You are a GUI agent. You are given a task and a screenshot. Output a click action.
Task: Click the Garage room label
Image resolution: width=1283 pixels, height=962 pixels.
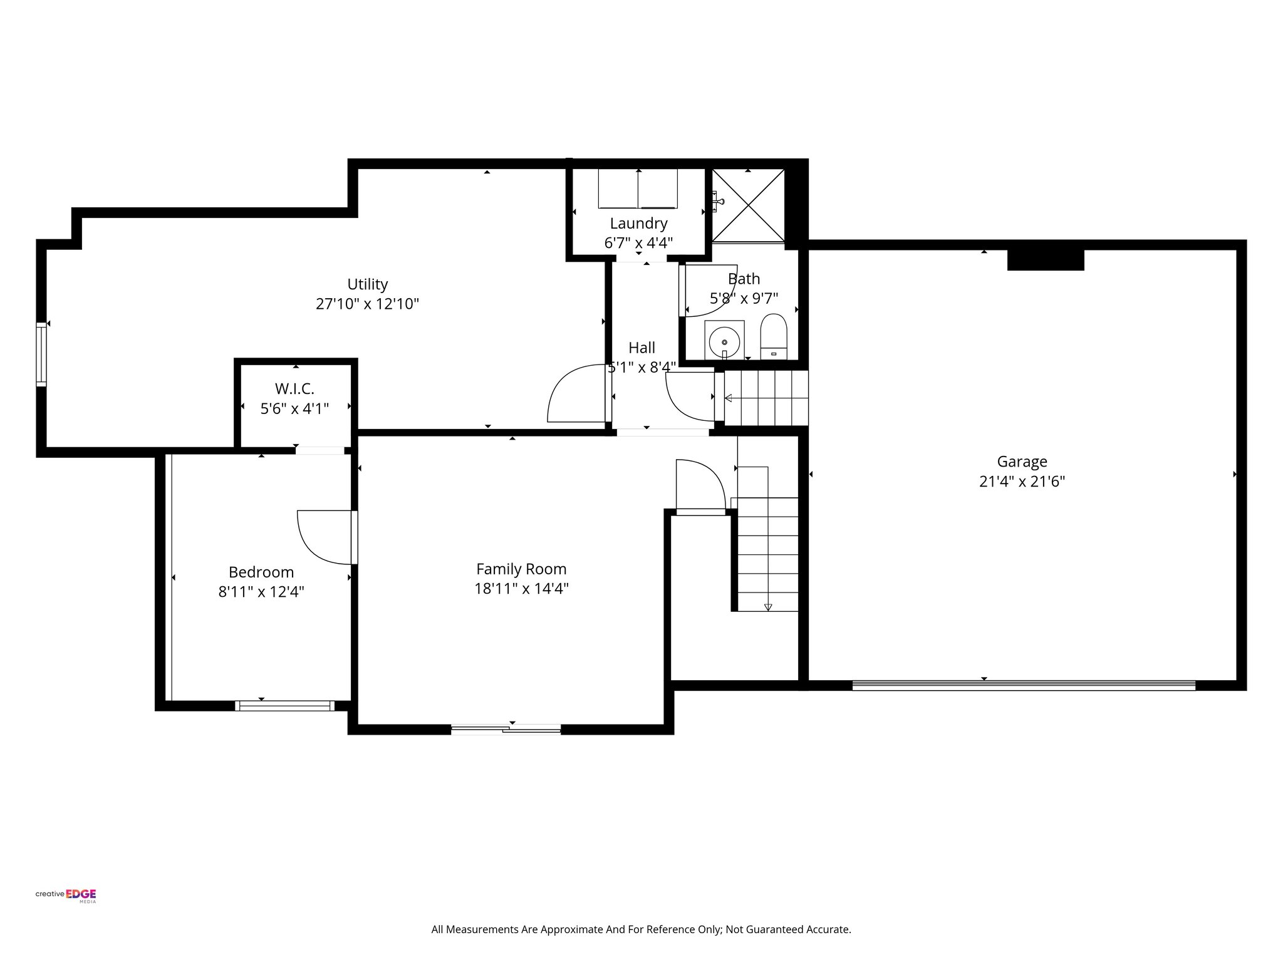tap(1022, 462)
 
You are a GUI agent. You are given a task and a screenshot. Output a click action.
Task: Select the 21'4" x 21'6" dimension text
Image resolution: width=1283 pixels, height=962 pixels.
tap(1022, 482)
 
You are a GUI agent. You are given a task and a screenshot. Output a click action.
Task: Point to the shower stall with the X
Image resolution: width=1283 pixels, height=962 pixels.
tap(748, 205)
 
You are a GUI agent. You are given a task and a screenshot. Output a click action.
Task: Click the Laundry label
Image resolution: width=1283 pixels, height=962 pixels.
tap(638, 224)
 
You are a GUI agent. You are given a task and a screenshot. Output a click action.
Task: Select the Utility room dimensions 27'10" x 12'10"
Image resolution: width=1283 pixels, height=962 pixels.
tap(367, 304)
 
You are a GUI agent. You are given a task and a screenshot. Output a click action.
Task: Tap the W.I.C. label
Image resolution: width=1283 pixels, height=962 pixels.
tap(294, 389)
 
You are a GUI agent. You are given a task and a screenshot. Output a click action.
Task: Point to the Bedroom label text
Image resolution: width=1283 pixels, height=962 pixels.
tap(261, 572)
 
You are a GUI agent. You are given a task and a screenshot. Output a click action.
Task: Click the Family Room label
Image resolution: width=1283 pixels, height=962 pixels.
tap(521, 569)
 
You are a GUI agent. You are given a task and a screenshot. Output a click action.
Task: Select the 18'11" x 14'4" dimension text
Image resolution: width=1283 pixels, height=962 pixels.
tap(521, 589)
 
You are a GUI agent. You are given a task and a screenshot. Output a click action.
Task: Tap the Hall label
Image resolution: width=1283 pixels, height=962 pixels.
tap(641, 348)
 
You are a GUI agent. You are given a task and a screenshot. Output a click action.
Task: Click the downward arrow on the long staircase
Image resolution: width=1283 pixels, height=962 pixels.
tap(768, 607)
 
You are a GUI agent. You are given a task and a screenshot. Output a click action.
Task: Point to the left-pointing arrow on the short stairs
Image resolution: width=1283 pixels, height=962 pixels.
tap(729, 398)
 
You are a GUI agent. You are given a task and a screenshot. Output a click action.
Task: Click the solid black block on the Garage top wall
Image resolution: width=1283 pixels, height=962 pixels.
tap(1045, 260)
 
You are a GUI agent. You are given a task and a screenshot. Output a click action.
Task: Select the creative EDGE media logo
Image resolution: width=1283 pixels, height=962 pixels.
tap(66, 896)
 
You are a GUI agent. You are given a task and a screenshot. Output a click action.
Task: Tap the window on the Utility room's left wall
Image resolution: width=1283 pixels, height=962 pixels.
tap(41, 354)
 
